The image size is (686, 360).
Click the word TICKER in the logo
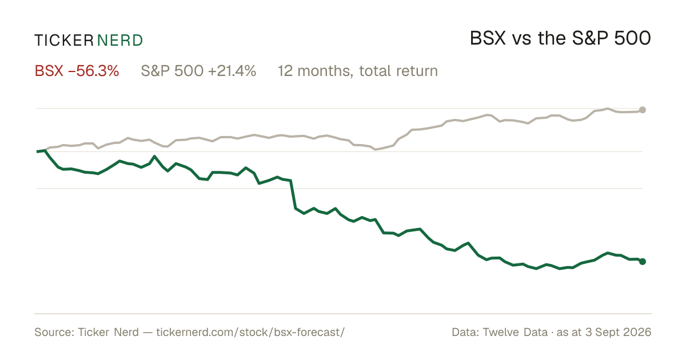[x=64, y=41]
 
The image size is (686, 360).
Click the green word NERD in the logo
[x=119, y=41]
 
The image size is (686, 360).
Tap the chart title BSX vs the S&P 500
[x=560, y=38]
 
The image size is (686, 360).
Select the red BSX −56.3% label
[x=77, y=71]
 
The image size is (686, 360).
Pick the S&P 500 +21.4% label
[x=198, y=71]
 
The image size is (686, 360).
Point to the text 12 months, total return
[x=358, y=71]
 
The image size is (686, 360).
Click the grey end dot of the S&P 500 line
[x=643, y=110]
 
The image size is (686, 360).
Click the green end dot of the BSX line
[x=643, y=262]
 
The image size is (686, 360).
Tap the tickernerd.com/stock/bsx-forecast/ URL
[x=250, y=332]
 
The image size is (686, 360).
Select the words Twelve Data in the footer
[x=515, y=332]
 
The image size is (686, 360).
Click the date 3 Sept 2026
[x=619, y=332]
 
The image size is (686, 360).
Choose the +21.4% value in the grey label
[x=232, y=71]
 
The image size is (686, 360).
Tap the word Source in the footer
[x=53, y=332]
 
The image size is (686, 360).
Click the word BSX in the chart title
[x=488, y=38]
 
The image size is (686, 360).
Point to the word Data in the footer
[x=464, y=332]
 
